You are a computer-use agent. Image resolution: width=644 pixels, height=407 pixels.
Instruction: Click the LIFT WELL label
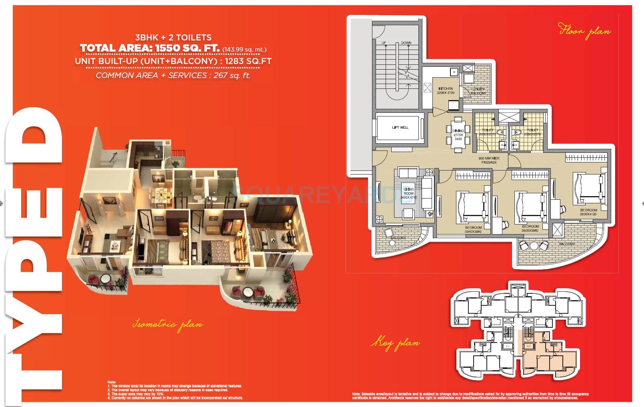[x=400, y=127]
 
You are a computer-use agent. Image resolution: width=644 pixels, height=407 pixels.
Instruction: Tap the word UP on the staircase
[x=384, y=43]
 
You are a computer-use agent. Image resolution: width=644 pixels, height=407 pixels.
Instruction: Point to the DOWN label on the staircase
[x=406, y=43]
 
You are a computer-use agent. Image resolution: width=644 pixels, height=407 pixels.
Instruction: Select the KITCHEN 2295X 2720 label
[x=446, y=91]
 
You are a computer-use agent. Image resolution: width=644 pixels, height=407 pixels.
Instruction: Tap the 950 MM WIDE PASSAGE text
[x=489, y=160]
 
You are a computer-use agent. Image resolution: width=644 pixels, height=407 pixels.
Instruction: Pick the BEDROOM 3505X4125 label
[x=588, y=212]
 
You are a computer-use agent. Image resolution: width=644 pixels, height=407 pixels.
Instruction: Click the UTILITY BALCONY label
[x=478, y=91]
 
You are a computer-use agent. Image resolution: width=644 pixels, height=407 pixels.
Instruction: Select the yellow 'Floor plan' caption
[x=584, y=31]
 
